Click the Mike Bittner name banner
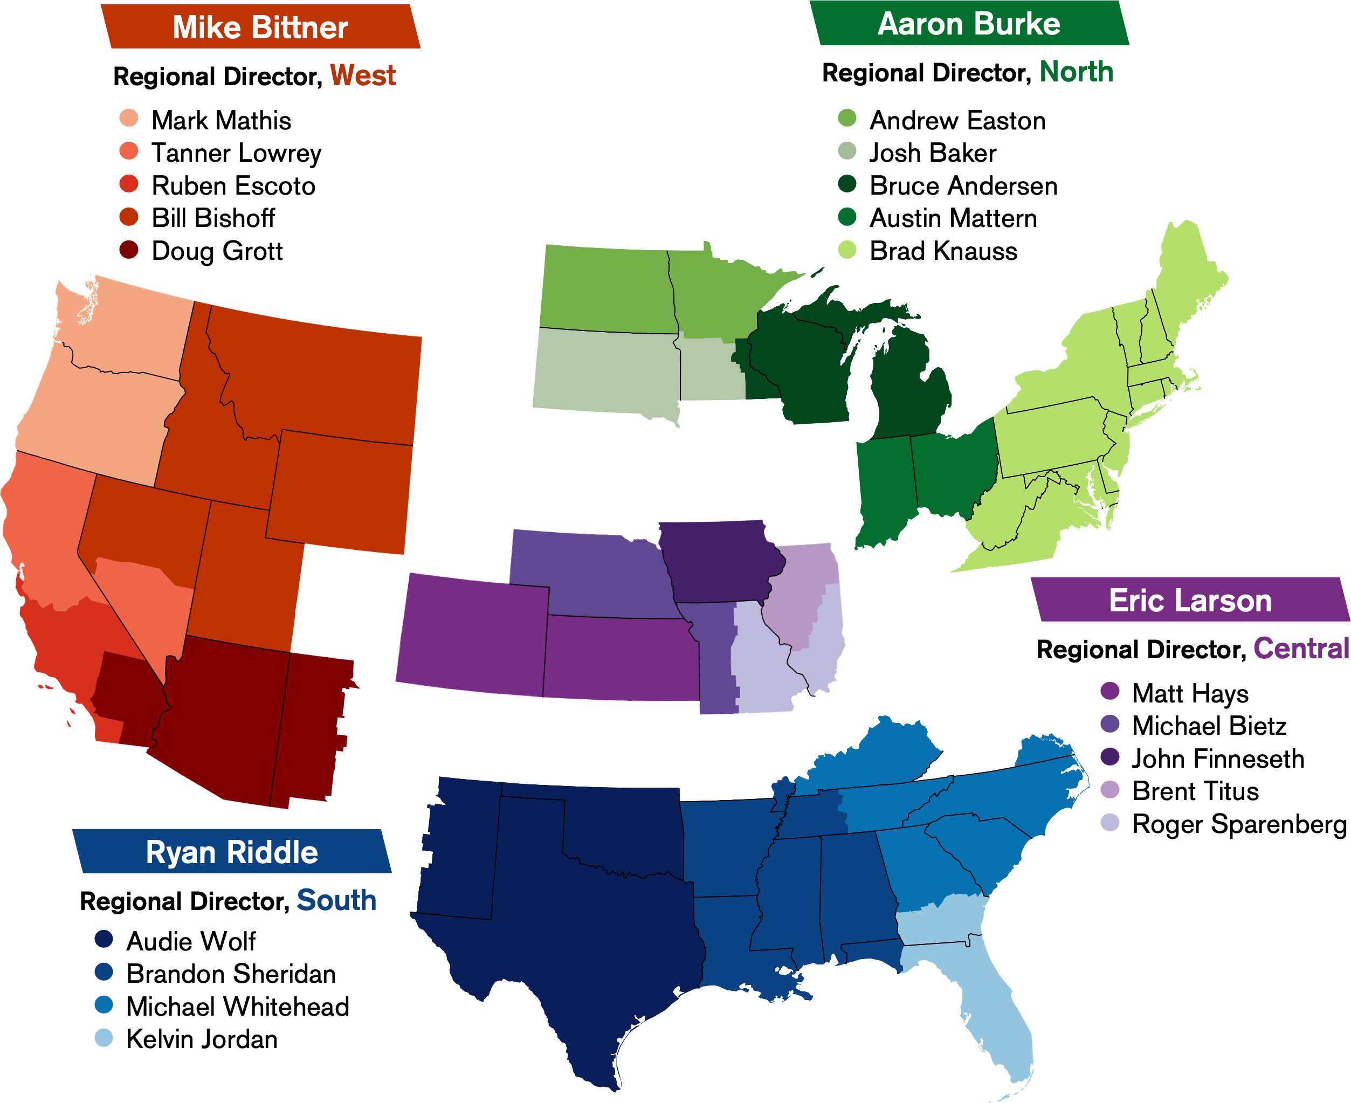pyautogui.click(x=260, y=27)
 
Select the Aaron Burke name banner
pyautogui.click(x=969, y=24)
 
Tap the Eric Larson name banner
pyautogui.click(x=1190, y=601)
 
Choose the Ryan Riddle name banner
pyautogui.click(x=232, y=852)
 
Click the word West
pyautogui.click(x=363, y=75)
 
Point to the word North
pyautogui.click(x=1077, y=72)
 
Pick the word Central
pyautogui.click(x=1301, y=648)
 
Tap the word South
pyautogui.click(x=336, y=900)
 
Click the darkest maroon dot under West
pyautogui.click(x=129, y=250)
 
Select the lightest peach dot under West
pyautogui.click(x=129, y=118)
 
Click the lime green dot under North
pyautogui.click(x=847, y=250)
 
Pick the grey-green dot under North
pyautogui.click(x=847, y=150)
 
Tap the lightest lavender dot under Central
pyautogui.click(x=1109, y=822)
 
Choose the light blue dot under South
pyautogui.click(x=104, y=1038)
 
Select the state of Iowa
pyautogui.click(x=721, y=562)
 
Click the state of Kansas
pyautogui.click(x=619, y=661)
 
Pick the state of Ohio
pyautogui.click(x=953, y=470)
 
